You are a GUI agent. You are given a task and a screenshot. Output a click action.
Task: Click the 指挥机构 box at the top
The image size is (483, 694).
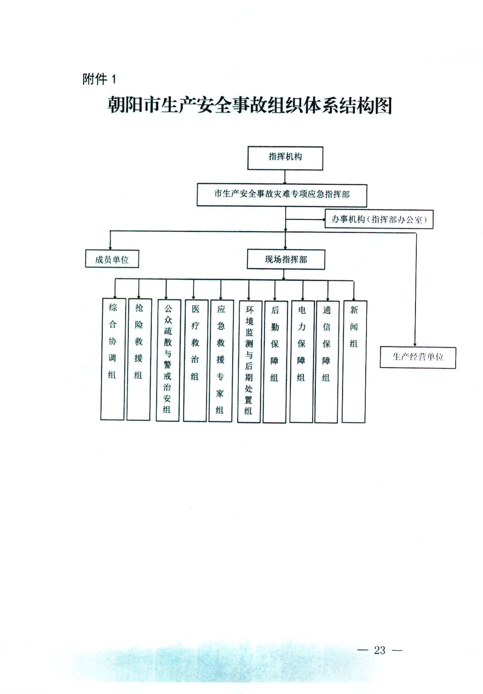tap(285, 158)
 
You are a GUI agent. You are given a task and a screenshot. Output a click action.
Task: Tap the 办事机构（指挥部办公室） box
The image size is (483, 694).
tap(379, 219)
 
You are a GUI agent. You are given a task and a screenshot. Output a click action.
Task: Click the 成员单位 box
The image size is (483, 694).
tap(112, 259)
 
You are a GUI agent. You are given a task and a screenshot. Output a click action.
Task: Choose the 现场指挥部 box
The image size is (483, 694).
tap(286, 259)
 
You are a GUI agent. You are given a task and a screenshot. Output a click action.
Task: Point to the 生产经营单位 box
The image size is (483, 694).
tap(418, 357)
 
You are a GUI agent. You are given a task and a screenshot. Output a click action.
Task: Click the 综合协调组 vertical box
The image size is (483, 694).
tap(113, 359)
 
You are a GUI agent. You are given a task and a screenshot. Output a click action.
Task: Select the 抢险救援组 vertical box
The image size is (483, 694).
tap(139, 359)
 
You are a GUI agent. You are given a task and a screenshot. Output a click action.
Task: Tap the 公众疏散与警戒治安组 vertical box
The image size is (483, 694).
tap(168, 360)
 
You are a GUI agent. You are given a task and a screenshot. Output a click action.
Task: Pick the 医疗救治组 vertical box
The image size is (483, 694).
tap(195, 360)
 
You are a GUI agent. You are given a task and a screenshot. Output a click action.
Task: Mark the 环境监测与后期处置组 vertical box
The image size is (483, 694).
tap(249, 361)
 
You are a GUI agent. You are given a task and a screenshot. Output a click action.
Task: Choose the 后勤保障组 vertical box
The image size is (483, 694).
tap(275, 362)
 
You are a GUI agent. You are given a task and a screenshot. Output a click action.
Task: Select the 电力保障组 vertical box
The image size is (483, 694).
tap(302, 362)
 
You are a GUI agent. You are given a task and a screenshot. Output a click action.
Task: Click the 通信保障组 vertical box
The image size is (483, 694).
tap(326, 362)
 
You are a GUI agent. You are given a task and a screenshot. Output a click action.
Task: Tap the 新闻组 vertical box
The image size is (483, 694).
tap(354, 362)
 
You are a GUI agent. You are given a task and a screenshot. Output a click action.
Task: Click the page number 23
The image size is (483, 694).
tap(380, 649)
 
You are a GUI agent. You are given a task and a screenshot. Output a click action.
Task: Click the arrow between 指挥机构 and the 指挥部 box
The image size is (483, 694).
tap(285, 177)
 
